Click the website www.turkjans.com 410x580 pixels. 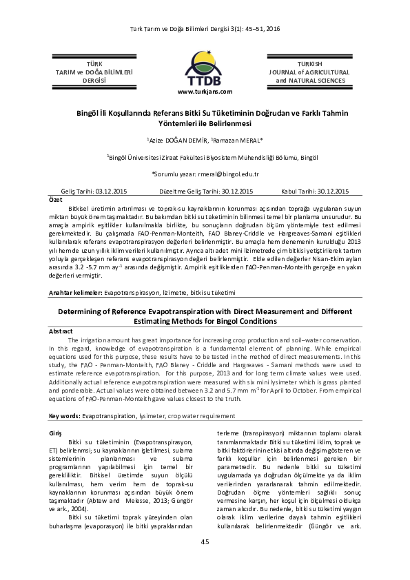pyautogui.click(x=205, y=91)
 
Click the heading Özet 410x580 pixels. pyautogui.click(x=54, y=199)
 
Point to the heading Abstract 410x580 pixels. pyautogui.click(x=61, y=331)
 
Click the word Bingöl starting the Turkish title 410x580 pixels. pyautogui.click(x=90, y=113)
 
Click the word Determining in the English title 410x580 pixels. pyautogui.click(x=88, y=311)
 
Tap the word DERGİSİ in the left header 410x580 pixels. pyautogui.click(x=94, y=81)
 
